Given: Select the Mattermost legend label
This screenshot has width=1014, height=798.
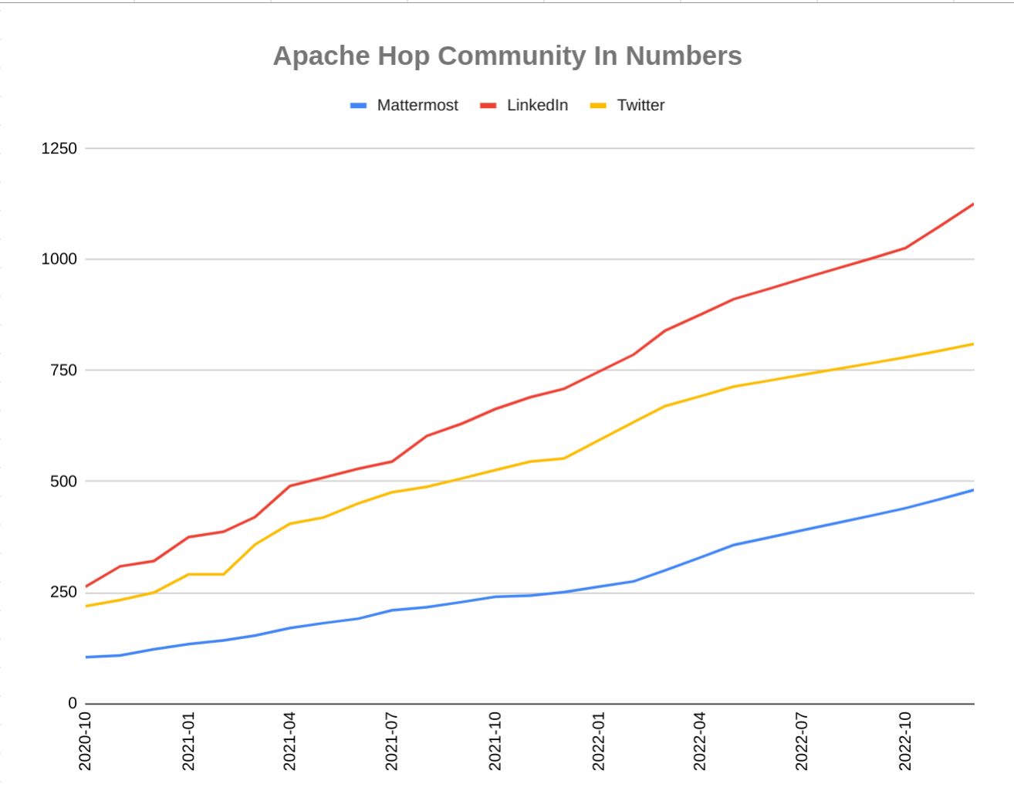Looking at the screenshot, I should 417,106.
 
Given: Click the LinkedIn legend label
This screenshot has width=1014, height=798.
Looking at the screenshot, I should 537,106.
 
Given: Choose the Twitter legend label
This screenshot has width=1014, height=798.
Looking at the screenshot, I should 641,106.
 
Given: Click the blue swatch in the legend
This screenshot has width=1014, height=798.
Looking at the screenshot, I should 359,106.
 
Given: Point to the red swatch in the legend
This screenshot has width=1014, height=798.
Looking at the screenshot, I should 488,106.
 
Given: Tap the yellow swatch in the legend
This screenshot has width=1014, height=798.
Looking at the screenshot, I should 598,106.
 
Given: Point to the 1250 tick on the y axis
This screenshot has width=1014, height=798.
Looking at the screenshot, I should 59,149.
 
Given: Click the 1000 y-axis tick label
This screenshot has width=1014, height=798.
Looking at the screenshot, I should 59,259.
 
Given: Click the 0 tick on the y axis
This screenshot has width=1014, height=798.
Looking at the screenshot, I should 73,703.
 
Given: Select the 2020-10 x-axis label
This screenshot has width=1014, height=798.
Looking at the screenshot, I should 86,741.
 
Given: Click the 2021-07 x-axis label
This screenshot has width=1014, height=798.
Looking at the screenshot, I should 392,741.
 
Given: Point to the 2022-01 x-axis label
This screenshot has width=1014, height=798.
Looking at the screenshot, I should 598,741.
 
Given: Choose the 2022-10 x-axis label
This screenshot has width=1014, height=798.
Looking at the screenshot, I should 905,741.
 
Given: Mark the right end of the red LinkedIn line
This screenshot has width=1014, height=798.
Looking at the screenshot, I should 972,205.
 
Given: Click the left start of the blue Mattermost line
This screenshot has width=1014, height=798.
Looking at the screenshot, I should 86,657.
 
